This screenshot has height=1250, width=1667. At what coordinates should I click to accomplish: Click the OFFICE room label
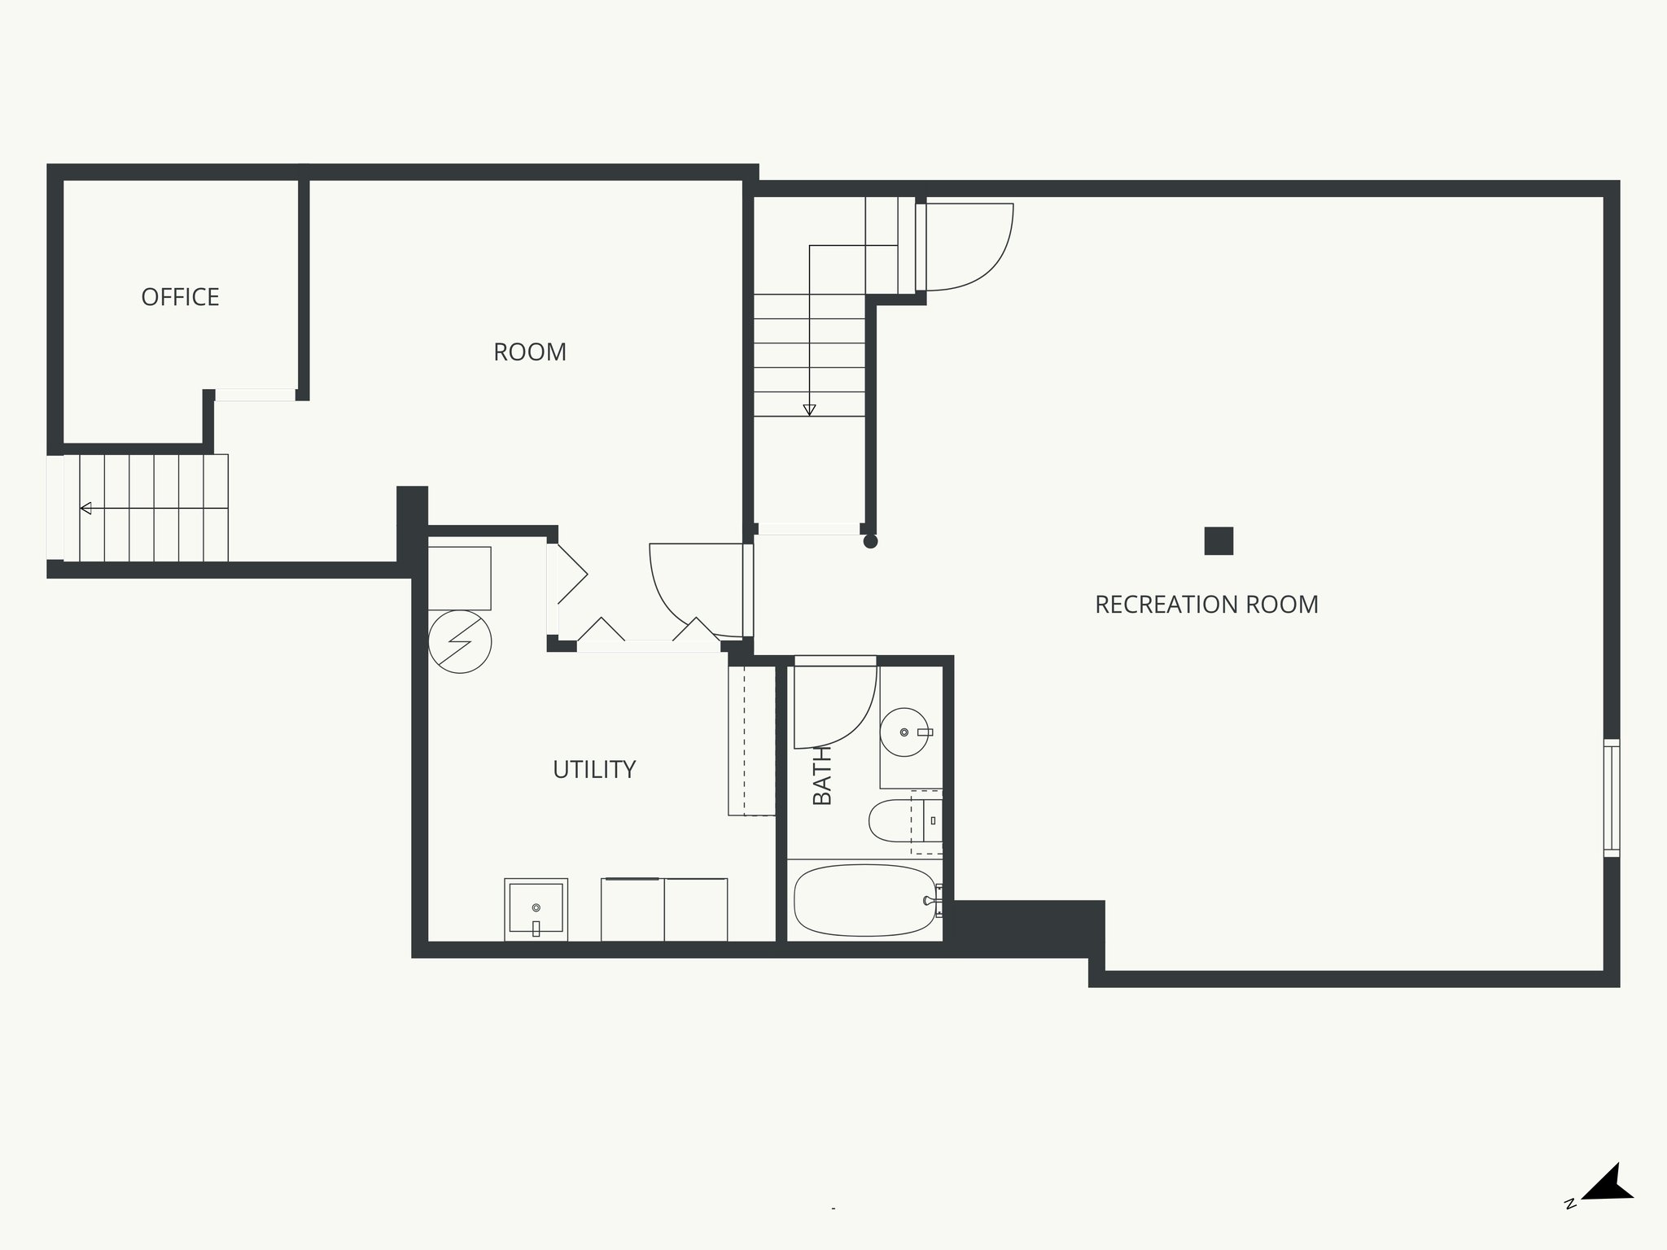(180, 297)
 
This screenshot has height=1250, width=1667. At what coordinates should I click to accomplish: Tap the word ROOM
(530, 352)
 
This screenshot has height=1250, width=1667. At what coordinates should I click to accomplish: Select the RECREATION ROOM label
(1206, 605)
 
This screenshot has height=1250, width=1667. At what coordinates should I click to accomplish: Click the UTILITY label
(594, 770)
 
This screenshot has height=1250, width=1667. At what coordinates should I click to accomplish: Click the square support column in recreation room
(1219, 541)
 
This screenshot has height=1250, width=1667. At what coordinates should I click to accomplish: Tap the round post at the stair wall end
(870, 541)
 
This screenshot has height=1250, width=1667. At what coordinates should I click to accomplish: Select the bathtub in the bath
(864, 900)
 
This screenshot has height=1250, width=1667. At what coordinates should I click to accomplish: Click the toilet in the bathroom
(891, 821)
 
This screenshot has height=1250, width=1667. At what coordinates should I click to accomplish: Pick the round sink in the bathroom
(904, 732)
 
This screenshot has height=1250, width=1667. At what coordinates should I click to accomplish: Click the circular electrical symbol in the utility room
(460, 641)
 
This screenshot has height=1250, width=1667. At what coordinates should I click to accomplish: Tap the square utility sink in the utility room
(536, 908)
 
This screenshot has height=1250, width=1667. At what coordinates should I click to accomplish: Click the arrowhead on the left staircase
(85, 509)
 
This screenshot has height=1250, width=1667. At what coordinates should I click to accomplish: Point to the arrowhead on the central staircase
(809, 410)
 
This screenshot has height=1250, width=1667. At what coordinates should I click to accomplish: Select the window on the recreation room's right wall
(1611, 798)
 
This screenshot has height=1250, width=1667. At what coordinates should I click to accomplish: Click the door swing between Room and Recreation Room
(692, 590)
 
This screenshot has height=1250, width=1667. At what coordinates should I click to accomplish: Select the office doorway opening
(255, 395)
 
